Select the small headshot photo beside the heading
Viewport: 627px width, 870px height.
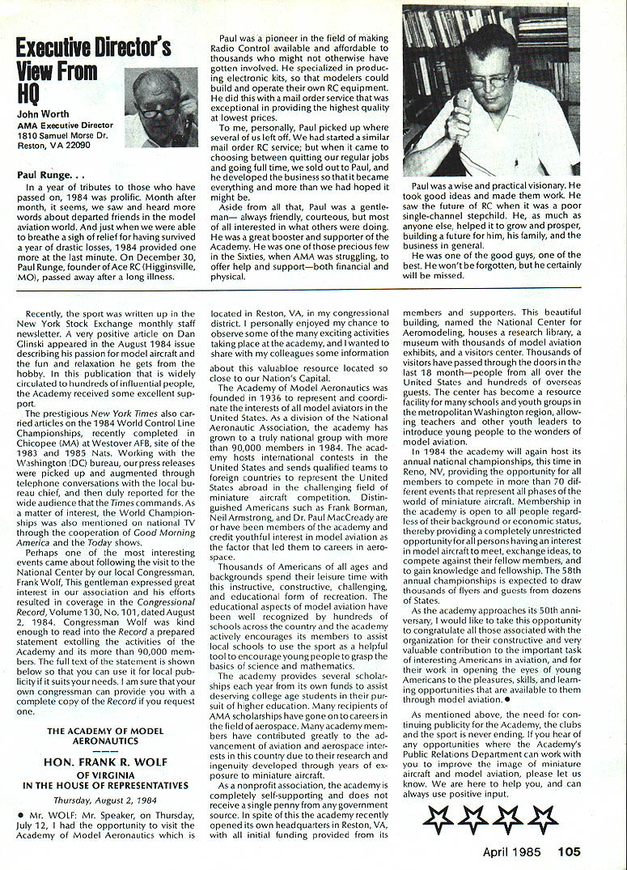[x=162, y=107]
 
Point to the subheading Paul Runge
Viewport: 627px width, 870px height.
[x=46, y=174]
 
